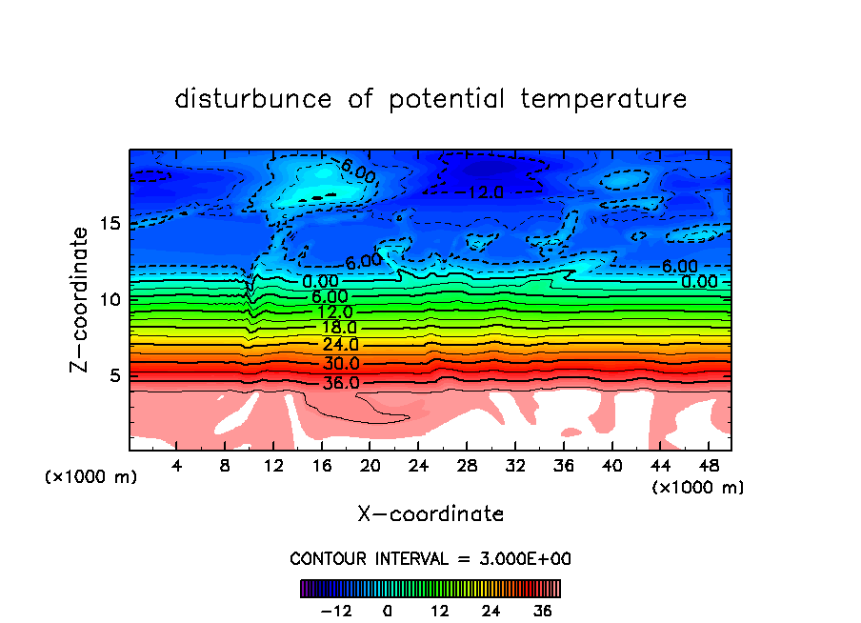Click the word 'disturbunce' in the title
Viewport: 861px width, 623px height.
252,99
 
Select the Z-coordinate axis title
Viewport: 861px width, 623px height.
83,299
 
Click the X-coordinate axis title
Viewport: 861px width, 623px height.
430,514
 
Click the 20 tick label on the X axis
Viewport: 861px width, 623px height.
370,467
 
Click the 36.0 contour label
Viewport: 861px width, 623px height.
341,383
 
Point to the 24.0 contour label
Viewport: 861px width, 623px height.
340,345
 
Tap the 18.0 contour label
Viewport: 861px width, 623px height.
339,328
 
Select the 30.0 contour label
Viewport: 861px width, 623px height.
341,364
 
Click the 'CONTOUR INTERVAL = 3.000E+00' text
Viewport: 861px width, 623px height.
430,559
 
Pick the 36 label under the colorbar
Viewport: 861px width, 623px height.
540,611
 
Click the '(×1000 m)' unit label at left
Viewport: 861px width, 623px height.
91,477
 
